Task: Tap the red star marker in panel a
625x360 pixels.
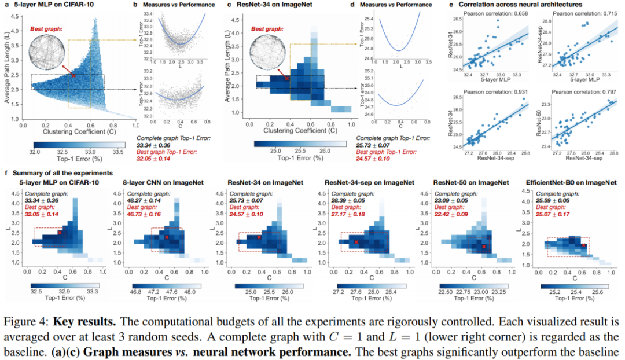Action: pyautogui.click(x=73, y=75)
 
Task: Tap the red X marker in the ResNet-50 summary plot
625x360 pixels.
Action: pyautogui.click(x=484, y=247)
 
